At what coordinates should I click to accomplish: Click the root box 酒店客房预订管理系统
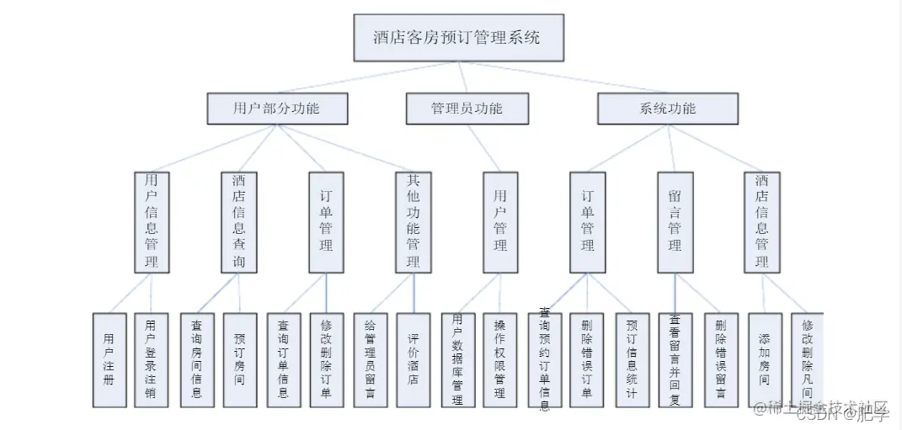coord(457,39)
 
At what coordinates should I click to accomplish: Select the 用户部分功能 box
coord(276,109)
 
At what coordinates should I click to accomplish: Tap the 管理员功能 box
coord(467,109)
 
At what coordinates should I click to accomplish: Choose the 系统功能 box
coord(668,109)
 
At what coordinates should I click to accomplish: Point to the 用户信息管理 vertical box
coord(152,222)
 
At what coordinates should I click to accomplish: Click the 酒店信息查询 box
coord(239,222)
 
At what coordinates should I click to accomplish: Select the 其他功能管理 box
coord(413,222)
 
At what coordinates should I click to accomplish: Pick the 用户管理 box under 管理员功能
coord(500,222)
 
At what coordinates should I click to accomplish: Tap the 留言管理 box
coord(675,222)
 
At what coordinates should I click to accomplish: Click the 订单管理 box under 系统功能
coord(588,222)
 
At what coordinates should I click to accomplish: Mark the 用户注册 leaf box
coord(109,360)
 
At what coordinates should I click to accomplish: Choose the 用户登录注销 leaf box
coord(151,360)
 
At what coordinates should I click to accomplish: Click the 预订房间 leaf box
coord(239,360)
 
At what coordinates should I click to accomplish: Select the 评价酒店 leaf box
coord(413,360)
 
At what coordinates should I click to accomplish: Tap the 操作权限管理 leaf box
coord(500,360)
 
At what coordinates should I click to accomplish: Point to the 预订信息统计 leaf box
coord(632,360)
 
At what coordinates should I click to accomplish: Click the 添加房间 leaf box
coord(764,360)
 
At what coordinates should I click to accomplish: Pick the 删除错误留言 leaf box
coord(720,360)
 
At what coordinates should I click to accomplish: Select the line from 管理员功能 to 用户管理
coord(485,148)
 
